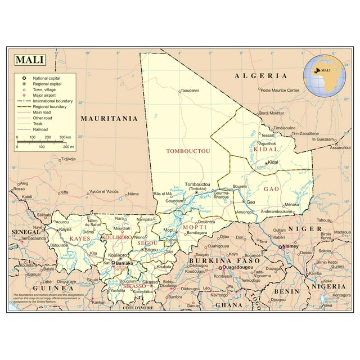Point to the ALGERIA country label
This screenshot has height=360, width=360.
click(261, 75)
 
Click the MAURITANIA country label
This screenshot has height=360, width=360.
click(109, 119)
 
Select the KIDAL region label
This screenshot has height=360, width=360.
click(265, 150)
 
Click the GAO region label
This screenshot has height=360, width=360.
click(272, 189)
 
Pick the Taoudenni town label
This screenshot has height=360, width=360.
click(189, 91)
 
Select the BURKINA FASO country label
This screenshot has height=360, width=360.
click(217, 261)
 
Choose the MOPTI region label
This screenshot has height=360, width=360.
click(195, 227)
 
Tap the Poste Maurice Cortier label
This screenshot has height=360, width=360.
click(280, 91)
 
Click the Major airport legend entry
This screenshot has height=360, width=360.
click(46, 95)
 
